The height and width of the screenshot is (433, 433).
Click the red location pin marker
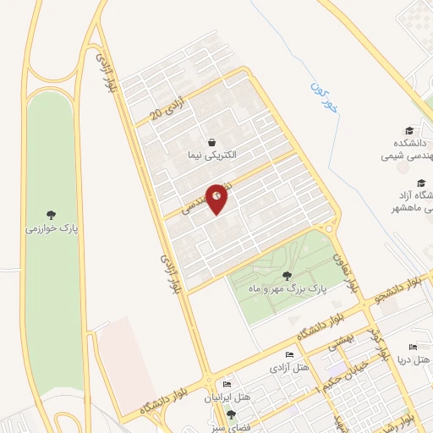tap(217, 200)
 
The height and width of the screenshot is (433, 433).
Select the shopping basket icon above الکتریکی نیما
tap(211, 141)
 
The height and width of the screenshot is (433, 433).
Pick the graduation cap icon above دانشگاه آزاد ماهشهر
tap(420, 183)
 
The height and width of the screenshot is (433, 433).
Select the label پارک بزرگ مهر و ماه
tap(288, 289)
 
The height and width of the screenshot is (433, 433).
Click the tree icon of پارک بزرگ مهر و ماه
tap(286, 275)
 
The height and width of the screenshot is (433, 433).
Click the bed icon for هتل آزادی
tap(290, 355)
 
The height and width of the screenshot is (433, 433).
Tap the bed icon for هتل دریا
tap(413, 347)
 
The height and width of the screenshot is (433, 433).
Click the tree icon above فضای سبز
tap(230, 414)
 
